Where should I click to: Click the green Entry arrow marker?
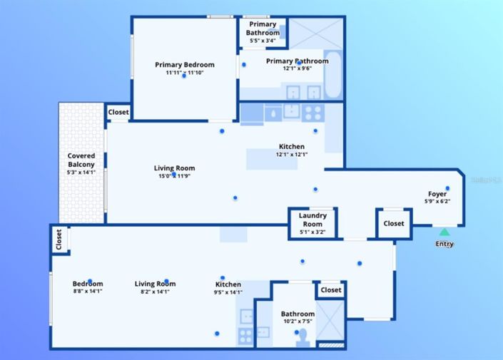[444, 232]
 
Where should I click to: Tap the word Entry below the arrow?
[444, 244]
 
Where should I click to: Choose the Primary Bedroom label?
[185, 68]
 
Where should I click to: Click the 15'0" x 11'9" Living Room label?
[174, 172]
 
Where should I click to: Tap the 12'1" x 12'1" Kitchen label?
[292, 150]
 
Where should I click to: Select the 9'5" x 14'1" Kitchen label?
[228, 287]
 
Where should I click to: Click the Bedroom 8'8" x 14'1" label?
[88, 287]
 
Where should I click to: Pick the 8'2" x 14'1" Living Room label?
[155, 287]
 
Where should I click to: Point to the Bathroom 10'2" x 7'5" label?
[298, 317]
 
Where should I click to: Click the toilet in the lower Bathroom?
[303, 336]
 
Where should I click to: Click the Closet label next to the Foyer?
[393, 223]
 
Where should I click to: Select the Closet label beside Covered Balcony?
[118, 113]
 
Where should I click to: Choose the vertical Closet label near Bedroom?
[59, 239]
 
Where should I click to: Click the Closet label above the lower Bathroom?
[330, 290]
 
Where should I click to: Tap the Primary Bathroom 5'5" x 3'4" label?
[263, 33]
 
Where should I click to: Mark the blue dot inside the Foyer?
[447, 188]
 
